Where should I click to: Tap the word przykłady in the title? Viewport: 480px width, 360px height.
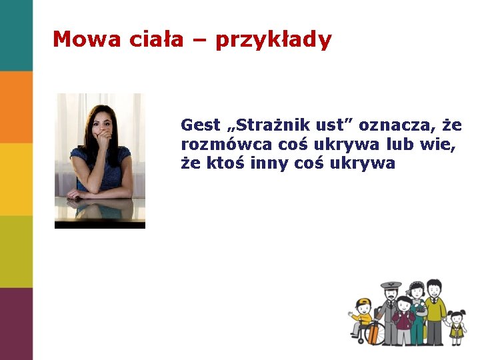pos(273,40)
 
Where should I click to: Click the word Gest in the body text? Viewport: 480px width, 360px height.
pos(200,125)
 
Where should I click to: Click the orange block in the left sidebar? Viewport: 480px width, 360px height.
pos(16,107)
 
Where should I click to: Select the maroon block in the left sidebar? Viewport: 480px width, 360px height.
pos(16,324)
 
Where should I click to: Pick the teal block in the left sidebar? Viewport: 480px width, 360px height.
pos(16,35)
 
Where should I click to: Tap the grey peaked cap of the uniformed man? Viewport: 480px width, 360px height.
pos(391,285)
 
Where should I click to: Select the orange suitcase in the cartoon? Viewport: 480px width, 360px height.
pos(373,332)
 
